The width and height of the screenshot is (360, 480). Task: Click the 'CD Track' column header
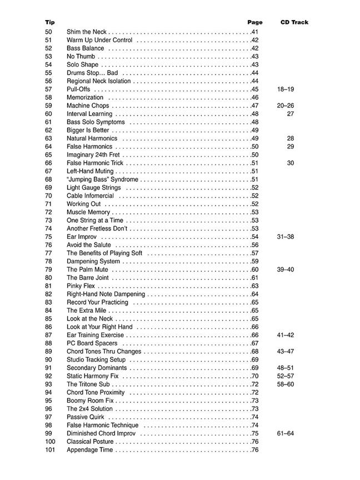pyautogui.click(x=294, y=23)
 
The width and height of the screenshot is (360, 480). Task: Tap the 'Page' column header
pyautogui.click(x=255, y=23)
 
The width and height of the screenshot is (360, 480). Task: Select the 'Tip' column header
pyautogui.click(x=50, y=23)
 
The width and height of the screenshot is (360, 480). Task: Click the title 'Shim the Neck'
pyautogui.click(x=87, y=32)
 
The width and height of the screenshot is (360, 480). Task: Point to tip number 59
pyautogui.click(x=48, y=106)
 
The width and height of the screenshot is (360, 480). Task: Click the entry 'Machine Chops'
pyautogui.click(x=88, y=106)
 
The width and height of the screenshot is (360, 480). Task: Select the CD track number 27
pyautogui.click(x=290, y=114)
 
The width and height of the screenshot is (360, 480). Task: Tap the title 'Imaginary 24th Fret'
pyautogui.click(x=94, y=155)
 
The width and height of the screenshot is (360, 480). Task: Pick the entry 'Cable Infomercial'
pyautogui.click(x=90, y=196)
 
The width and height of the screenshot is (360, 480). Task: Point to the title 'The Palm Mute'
pyautogui.click(x=87, y=269)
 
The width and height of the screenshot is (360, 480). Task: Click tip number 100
pyautogui.click(x=50, y=442)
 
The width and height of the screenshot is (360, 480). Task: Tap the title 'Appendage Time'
pyautogui.click(x=89, y=450)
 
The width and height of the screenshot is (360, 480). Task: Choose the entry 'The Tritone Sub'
pyautogui.click(x=88, y=384)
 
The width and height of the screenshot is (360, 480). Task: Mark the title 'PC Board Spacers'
pyautogui.click(x=92, y=343)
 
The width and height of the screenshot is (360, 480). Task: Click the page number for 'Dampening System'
pyautogui.click(x=255, y=261)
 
